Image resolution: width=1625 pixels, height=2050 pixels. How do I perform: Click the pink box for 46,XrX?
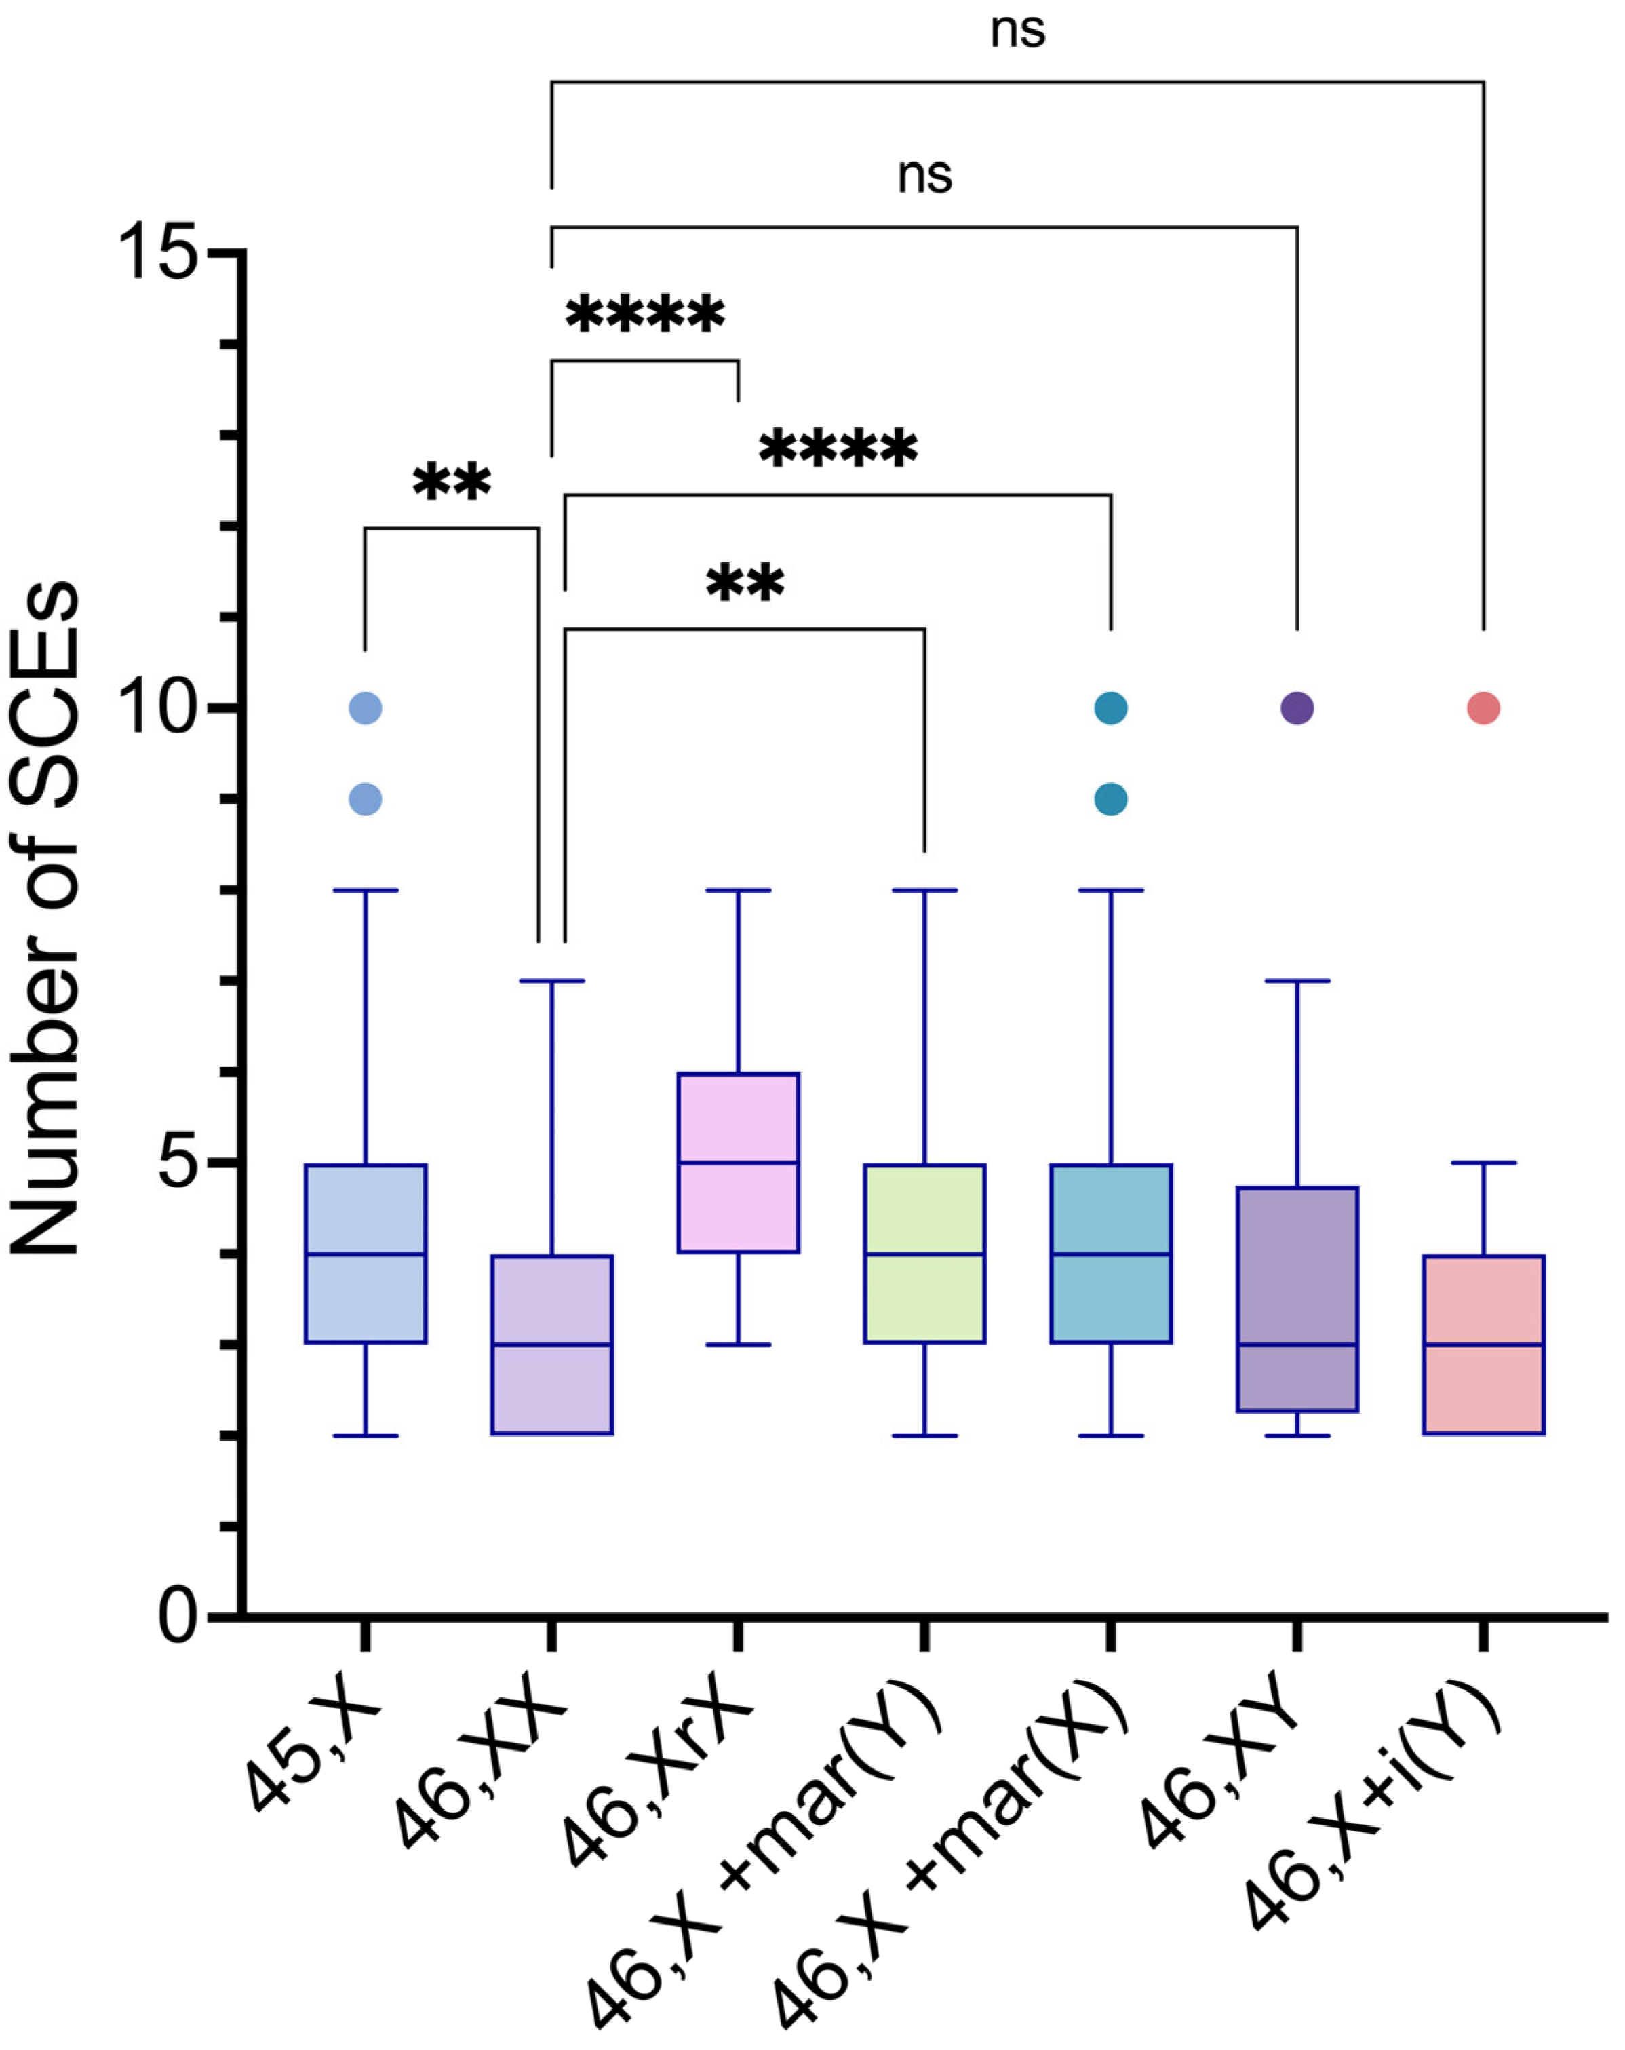(x=737, y=1162)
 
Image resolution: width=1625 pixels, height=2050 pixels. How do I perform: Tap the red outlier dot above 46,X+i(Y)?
(x=1483, y=708)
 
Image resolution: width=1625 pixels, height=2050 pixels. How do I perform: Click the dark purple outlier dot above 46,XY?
(x=1296, y=708)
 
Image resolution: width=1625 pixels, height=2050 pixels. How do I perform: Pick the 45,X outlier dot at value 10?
(x=365, y=708)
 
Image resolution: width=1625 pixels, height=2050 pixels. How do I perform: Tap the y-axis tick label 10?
(x=157, y=708)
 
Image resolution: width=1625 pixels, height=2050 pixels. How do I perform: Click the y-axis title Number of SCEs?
(x=45, y=918)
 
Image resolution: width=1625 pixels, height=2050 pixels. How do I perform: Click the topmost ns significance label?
(x=1017, y=31)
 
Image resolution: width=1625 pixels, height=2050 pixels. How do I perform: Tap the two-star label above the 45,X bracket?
(x=452, y=482)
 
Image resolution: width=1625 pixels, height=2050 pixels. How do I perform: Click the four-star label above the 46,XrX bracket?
(x=645, y=315)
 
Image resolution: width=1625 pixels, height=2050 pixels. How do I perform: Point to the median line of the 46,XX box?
(x=551, y=1344)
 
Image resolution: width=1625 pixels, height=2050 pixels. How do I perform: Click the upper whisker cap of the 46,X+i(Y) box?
(x=1483, y=1162)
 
